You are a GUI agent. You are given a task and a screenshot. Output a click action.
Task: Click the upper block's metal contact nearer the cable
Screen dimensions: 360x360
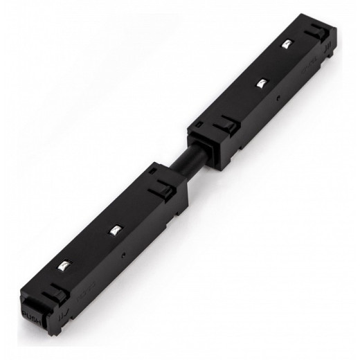tap(260, 84)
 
